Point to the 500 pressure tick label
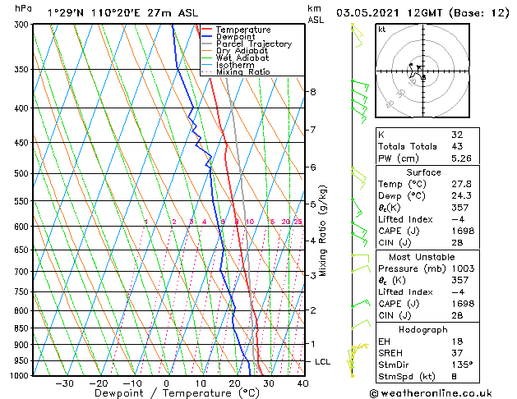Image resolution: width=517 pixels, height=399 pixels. [21, 174]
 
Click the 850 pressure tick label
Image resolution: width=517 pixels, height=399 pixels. [21, 328]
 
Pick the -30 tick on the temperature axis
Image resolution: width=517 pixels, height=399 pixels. [64, 383]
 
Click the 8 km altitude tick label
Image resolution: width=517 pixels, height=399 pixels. [313, 92]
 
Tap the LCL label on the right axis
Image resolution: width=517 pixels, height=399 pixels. [324, 362]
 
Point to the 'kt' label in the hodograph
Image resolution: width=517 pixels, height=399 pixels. [382, 30]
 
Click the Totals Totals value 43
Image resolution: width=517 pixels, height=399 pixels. [457, 146]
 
